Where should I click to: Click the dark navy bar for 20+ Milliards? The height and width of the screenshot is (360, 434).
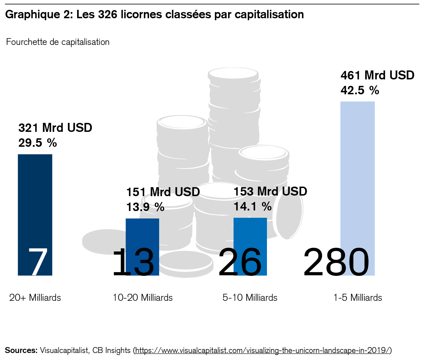(35, 196)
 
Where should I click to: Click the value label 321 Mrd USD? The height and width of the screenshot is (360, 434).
(55, 128)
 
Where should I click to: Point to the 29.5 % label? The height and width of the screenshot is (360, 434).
(38, 143)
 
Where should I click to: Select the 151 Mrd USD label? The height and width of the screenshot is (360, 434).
(163, 192)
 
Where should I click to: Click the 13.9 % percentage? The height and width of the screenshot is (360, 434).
(145, 207)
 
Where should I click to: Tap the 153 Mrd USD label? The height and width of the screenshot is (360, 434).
(270, 191)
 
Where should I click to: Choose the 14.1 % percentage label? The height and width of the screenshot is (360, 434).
(253, 207)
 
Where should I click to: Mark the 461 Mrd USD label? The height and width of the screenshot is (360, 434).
(377, 75)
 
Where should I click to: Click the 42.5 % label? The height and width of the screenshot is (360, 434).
(360, 90)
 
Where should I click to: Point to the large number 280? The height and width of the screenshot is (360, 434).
(336, 262)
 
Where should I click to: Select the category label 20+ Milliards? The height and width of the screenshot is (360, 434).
(35, 297)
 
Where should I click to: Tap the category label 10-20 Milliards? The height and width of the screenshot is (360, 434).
(143, 297)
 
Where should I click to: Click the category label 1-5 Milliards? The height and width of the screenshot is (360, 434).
(358, 297)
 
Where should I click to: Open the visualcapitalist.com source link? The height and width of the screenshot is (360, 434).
(263, 350)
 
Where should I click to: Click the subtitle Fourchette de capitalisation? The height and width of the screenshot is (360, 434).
(58, 42)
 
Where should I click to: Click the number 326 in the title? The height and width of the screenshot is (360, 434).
(108, 15)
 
